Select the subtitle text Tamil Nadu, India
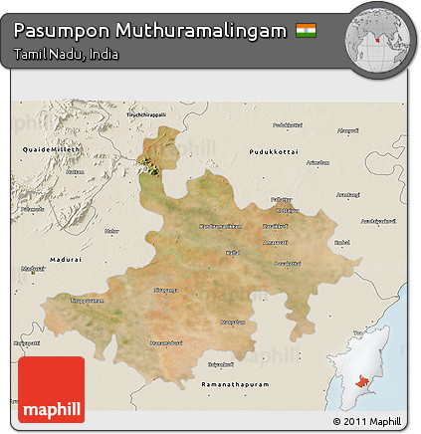tap(66, 54)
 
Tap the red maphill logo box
tap(51, 389)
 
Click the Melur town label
tap(111, 231)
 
